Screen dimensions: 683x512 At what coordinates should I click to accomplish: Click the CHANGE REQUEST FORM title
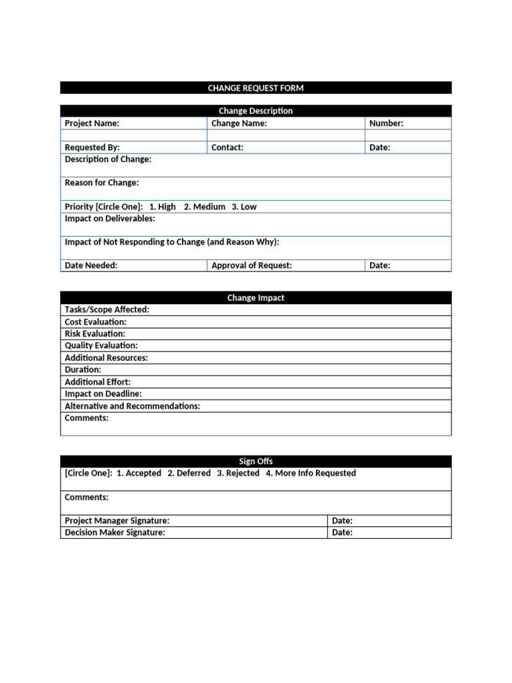255,88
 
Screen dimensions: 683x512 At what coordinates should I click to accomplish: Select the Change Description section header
255,111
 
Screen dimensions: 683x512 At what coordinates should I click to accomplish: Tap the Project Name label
92,123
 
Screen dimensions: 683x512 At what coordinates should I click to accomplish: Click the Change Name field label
239,123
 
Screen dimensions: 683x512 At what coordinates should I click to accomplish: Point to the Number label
386,123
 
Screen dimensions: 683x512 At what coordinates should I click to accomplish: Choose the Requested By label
92,147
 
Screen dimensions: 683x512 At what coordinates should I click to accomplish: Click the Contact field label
227,147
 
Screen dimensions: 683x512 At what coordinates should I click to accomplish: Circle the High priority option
163,207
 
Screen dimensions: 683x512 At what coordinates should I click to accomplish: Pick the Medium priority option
205,207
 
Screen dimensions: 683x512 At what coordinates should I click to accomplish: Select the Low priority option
244,207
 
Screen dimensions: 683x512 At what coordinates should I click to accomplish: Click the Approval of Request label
251,265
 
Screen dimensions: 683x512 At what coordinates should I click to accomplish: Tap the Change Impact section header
255,298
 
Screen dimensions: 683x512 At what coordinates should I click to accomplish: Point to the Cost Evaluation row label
95,322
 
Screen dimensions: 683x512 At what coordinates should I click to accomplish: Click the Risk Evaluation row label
95,333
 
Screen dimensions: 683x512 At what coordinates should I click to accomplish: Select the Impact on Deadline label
103,394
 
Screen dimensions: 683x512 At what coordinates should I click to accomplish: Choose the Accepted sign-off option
139,473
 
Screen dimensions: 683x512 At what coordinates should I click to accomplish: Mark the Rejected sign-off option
238,473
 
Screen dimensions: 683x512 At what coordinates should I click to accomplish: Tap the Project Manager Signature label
117,520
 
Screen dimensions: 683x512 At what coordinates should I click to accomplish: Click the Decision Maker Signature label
115,532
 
